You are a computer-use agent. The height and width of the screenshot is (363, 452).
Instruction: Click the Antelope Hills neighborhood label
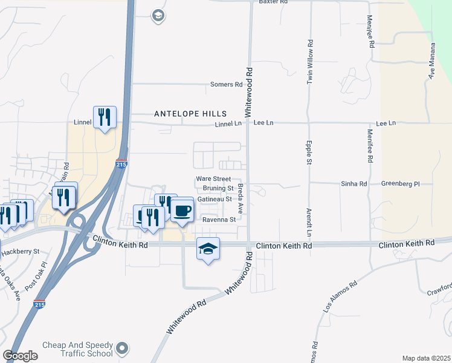tap(190, 114)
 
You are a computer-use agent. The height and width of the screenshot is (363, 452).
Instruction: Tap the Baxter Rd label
tap(273, 2)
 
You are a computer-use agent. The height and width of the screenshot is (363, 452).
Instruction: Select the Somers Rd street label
tap(226, 85)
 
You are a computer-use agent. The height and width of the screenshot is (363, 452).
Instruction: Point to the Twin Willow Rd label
tap(309, 61)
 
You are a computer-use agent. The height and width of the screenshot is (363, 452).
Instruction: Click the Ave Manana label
tap(432, 61)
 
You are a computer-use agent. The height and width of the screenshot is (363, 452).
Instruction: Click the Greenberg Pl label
tap(401, 183)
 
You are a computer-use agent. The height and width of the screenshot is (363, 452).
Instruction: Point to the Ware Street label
tap(213, 179)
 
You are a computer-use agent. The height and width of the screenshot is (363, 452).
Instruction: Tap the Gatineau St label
tap(215, 198)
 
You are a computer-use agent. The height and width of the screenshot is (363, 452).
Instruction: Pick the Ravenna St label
tap(218, 220)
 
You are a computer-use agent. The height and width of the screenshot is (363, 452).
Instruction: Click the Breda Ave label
tap(240, 198)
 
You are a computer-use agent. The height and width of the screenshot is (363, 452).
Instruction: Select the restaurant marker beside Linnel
tap(105, 117)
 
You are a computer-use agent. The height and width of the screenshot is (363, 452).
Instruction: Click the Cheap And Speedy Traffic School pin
tap(123, 348)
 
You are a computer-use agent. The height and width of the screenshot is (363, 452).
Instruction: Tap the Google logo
tap(20, 356)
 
